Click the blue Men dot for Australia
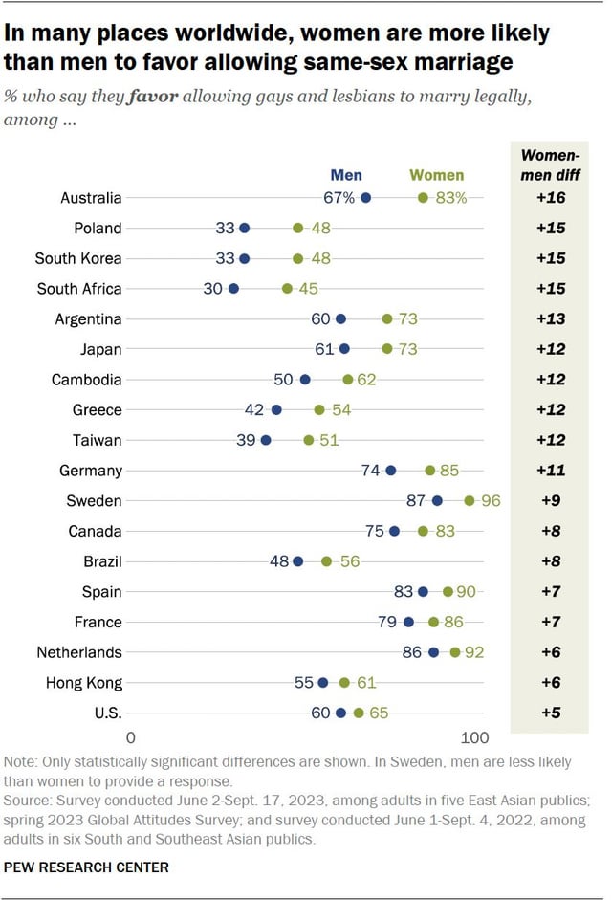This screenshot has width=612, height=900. pos(365,198)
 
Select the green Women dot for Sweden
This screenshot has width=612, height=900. pos(470,500)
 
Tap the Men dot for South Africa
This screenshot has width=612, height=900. pos(233,289)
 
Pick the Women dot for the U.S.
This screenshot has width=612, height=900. pos(359,713)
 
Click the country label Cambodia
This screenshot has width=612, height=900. pos(86,380)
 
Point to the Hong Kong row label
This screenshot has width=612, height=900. pos(84,683)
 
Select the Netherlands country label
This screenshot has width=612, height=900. pos(78,652)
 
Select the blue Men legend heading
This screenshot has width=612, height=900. pos(346,175)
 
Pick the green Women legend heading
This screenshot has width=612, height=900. pos(436,175)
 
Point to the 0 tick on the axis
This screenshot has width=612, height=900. pos(131,738)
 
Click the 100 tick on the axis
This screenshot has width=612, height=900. pos(474,738)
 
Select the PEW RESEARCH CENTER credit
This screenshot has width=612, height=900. pos(87,867)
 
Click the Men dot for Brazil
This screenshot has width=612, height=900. pos(297,561)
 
